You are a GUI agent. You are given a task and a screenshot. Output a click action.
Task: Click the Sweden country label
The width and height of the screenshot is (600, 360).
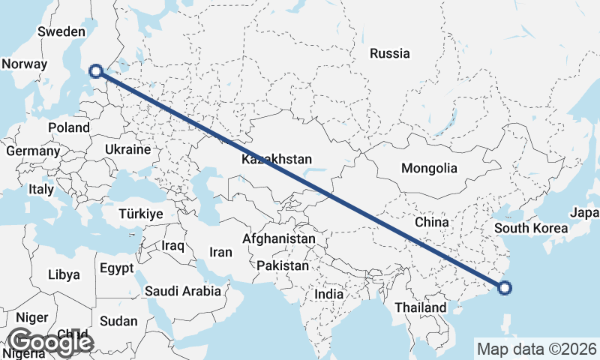[61, 31]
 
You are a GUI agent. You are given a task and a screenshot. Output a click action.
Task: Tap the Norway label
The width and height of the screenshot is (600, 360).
[24, 64]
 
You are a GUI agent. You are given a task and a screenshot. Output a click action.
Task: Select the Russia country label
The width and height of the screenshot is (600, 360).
[390, 53]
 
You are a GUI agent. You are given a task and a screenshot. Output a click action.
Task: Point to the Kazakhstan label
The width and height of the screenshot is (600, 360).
[277, 160]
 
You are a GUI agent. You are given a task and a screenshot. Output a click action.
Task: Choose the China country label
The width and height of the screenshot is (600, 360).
[431, 222]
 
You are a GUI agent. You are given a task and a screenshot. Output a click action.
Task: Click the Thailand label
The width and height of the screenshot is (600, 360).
[421, 307]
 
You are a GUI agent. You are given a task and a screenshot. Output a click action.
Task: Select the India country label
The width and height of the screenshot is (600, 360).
[328, 294]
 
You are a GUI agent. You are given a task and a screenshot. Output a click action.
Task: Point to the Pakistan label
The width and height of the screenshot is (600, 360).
[282, 265]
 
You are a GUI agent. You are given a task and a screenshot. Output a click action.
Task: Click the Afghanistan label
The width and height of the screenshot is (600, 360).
[279, 238]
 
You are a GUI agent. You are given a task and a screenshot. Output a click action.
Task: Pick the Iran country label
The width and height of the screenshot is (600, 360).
[220, 252]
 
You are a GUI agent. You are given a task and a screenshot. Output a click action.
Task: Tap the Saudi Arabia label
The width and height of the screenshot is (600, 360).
[183, 291]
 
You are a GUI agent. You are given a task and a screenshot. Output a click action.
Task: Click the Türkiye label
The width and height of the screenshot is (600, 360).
[140, 214]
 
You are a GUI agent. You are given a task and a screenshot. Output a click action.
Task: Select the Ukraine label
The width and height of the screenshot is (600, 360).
[128, 149]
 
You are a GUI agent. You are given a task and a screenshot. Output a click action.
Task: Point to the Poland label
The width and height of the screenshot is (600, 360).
[69, 127]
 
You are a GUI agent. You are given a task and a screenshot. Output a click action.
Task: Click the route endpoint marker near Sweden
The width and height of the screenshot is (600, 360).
[95, 71]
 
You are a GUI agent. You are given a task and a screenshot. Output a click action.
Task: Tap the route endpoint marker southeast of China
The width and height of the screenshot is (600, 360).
[505, 287]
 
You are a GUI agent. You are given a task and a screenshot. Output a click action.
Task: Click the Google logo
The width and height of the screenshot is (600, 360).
[51, 342]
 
